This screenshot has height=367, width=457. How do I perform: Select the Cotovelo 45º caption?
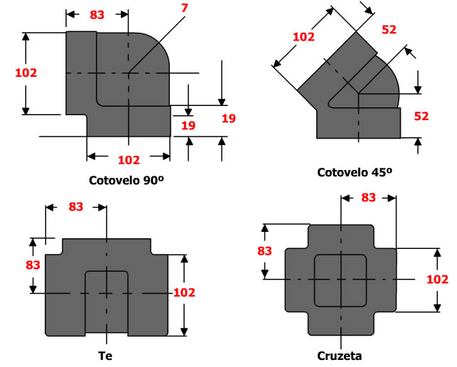(355, 171)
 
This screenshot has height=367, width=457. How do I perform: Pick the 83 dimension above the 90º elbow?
(98, 14)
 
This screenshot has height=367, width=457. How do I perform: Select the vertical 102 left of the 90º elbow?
(26, 72)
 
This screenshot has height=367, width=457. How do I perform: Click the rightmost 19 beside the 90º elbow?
(228, 119)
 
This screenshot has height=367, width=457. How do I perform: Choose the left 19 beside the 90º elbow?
(188, 126)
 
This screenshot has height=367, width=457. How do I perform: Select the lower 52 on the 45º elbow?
(421, 116)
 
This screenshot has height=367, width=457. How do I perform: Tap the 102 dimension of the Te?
(183, 292)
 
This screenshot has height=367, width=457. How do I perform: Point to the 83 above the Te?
(76, 207)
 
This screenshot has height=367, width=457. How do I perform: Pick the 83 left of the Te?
(33, 264)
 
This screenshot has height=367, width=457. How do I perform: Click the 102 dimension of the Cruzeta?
(438, 279)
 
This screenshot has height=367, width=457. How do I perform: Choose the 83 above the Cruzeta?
(368, 198)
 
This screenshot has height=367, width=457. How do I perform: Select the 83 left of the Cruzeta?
(264, 250)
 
